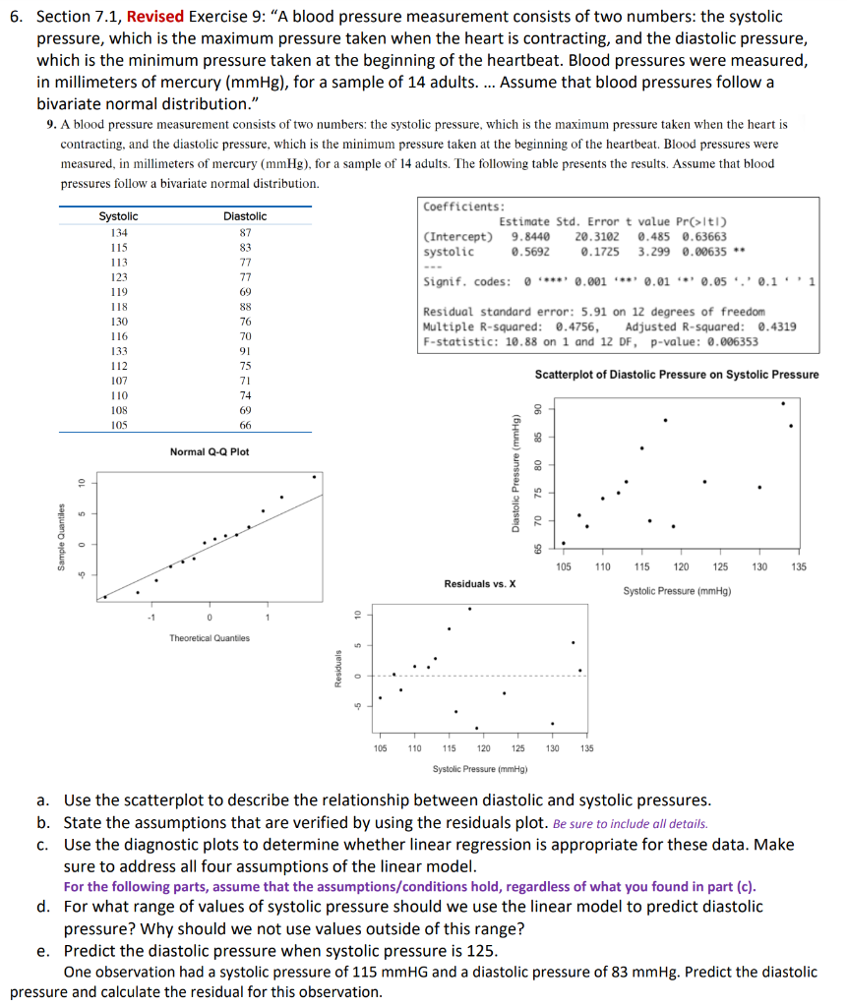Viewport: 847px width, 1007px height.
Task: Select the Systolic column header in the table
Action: tap(119, 216)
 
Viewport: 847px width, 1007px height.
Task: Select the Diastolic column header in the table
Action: tap(245, 216)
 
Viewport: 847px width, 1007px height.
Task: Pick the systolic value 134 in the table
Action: tap(119, 233)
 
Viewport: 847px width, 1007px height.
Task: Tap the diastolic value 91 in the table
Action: tap(246, 351)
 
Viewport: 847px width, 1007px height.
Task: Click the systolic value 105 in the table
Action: tap(119, 425)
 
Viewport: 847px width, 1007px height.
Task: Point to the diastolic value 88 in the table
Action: tap(246, 307)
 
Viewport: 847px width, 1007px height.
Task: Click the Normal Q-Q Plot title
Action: tap(210, 451)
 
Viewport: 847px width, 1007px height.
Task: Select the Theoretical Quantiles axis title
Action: tap(210, 638)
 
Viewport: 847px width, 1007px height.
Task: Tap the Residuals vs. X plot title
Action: tap(480, 584)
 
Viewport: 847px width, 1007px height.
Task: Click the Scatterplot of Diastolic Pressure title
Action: tap(676, 375)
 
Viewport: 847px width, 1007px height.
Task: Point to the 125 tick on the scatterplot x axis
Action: tap(720, 568)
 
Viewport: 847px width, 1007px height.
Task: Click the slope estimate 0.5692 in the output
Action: tap(529, 252)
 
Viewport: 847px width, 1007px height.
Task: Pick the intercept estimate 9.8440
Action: tap(529, 237)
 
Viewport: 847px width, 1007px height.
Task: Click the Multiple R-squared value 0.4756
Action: tap(575, 326)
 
